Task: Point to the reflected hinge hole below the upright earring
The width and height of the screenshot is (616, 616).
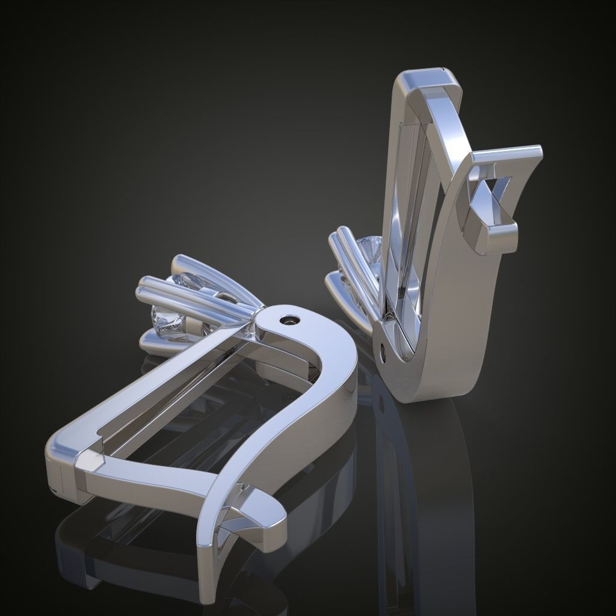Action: click(380, 404)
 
